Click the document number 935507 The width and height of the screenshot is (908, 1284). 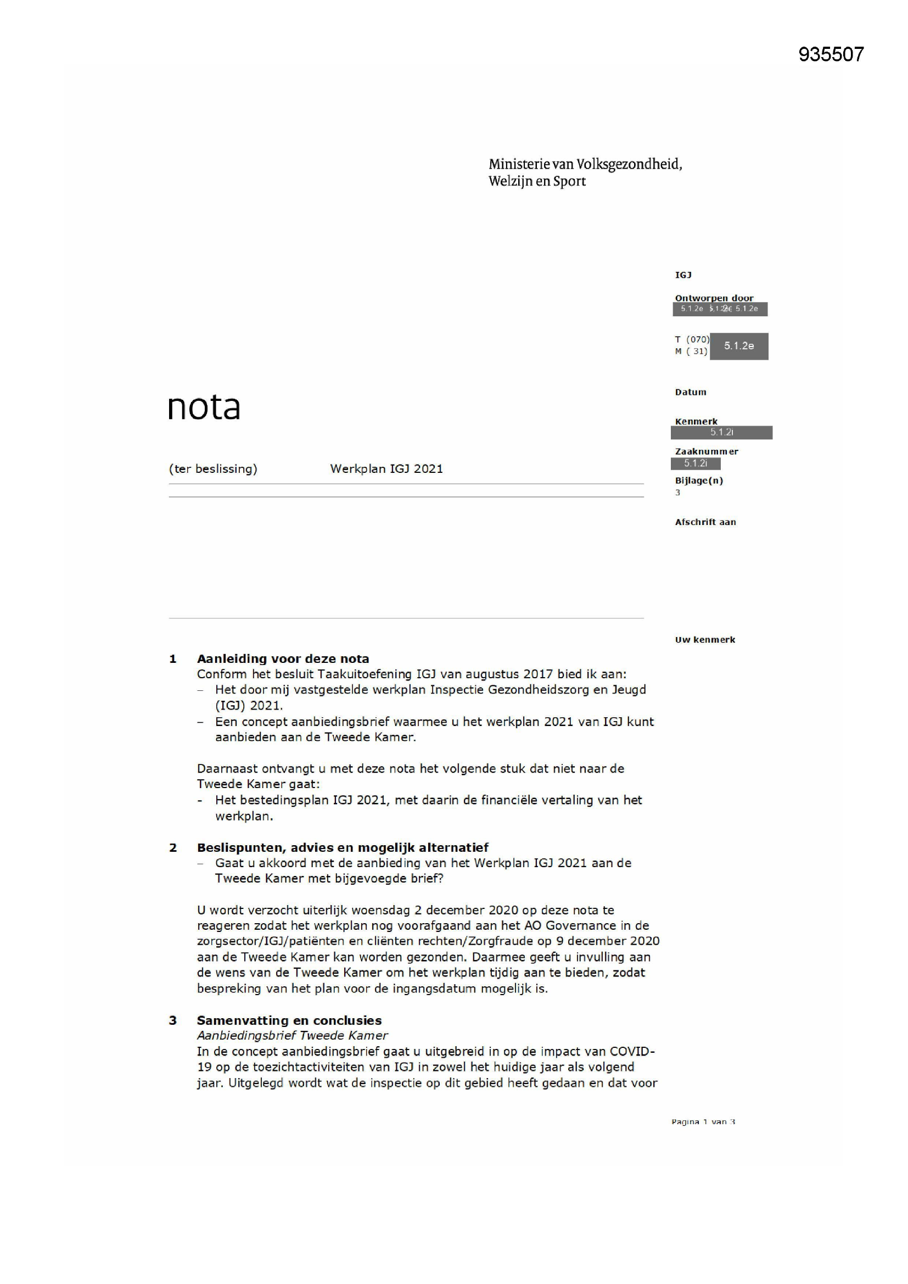click(x=831, y=54)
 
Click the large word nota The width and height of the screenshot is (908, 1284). click(x=204, y=407)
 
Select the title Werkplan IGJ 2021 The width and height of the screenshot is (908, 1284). click(x=386, y=468)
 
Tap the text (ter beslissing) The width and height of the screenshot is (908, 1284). click(x=213, y=468)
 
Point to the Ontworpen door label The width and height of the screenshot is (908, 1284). click(x=714, y=298)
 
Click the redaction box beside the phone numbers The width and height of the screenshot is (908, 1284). click(x=738, y=346)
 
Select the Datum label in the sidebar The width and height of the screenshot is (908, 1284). click(x=691, y=392)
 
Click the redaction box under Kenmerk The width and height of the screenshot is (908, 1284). click(x=721, y=432)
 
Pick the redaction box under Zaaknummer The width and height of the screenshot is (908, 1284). click(x=696, y=463)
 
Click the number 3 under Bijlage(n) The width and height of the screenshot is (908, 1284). click(x=677, y=493)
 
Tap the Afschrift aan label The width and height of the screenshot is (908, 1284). click(x=705, y=522)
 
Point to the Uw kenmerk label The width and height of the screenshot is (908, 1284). click(x=704, y=639)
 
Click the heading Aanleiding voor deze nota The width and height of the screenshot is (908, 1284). click(x=283, y=659)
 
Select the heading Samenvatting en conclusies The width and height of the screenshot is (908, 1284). click(x=289, y=1020)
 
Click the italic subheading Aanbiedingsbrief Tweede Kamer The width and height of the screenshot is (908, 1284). click(x=292, y=1035)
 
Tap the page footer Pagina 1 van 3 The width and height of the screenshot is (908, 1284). click(x=703, y=1121)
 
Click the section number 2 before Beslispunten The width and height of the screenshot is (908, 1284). click(x=173, y=848)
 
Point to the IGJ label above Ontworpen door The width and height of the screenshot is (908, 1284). click(x=683, y=275)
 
